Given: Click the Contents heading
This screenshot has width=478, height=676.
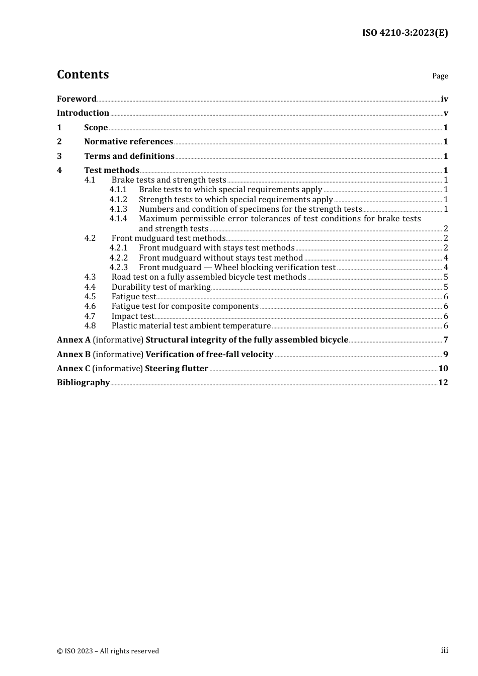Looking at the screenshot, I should [83, 74].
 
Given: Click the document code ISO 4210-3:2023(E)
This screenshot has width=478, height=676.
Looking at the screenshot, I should [405, 33].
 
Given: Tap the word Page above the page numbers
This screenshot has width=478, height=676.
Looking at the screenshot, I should [440, 76].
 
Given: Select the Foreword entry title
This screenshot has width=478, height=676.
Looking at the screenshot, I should [76, 99].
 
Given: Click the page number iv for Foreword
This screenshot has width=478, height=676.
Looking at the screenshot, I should [444, 99].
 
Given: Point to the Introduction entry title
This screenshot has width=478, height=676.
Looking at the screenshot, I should [83, 113].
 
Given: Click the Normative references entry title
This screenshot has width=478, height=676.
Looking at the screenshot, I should [128, 141].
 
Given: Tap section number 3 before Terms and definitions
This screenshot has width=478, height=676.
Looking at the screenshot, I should [59, 156].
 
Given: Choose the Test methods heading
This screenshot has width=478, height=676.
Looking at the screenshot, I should [112, 170].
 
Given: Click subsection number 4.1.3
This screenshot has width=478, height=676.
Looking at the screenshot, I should [118, 209].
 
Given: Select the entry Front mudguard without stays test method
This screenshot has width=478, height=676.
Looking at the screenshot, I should [221, 258].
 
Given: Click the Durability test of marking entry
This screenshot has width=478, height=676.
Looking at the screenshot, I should [161, 287].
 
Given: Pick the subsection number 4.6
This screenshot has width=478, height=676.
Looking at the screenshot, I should [90, 306].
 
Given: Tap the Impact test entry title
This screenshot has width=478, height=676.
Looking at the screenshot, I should [133, 316].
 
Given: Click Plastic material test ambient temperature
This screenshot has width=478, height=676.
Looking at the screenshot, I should [191, 325].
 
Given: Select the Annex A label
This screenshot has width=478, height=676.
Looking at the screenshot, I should [73, 340].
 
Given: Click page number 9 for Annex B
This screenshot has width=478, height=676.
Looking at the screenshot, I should [445, 354].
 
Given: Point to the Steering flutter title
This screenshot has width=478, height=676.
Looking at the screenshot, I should [177, 368].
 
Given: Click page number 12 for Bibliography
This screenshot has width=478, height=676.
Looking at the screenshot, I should [443, 382].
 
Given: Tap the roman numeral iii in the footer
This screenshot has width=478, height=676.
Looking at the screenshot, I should [444, 650].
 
